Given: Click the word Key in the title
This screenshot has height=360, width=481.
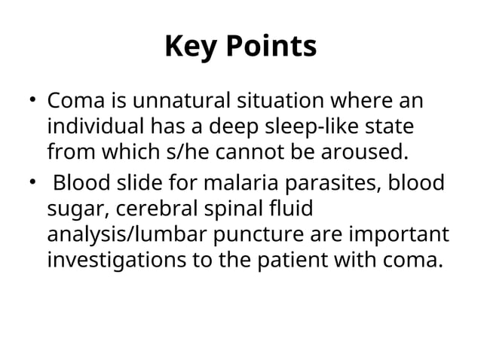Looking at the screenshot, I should pyautogui.click(x=191, y=47).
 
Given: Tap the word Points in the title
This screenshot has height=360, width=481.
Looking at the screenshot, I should pyautogui.click(x=268, y=47).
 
